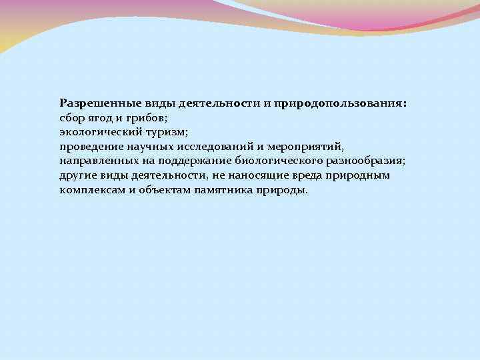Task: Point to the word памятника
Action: coord(221,190)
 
